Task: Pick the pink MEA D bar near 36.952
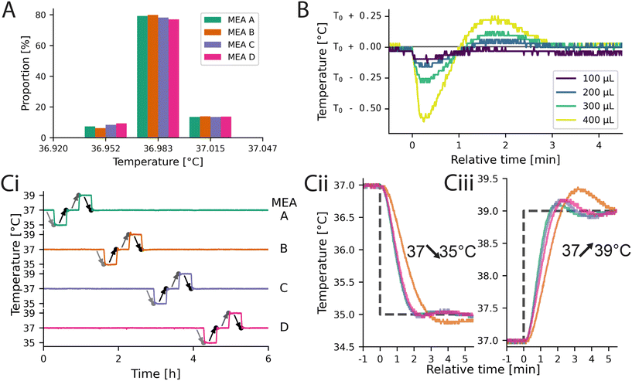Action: (121, 128)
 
